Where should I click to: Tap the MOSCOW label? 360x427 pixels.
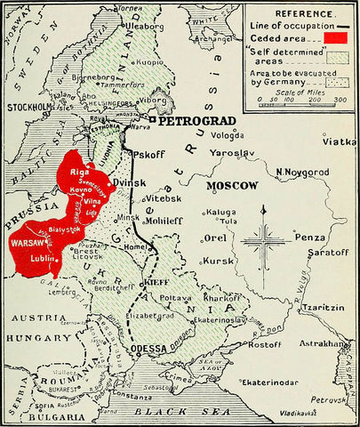[232, 186]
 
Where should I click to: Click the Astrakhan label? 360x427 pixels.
[324, 342]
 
